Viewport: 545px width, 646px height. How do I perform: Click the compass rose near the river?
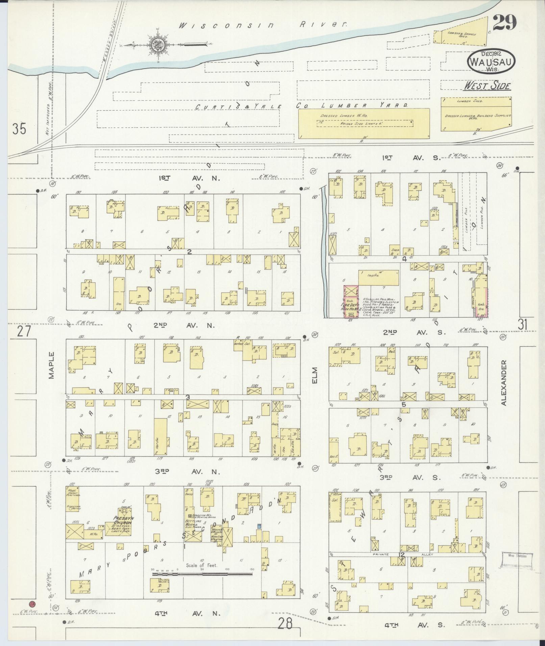point(158,44)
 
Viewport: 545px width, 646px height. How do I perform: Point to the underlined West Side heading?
point(487,86)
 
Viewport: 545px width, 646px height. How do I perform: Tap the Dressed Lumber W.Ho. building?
point(364,123)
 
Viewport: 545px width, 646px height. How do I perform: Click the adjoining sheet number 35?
point(19,129)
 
